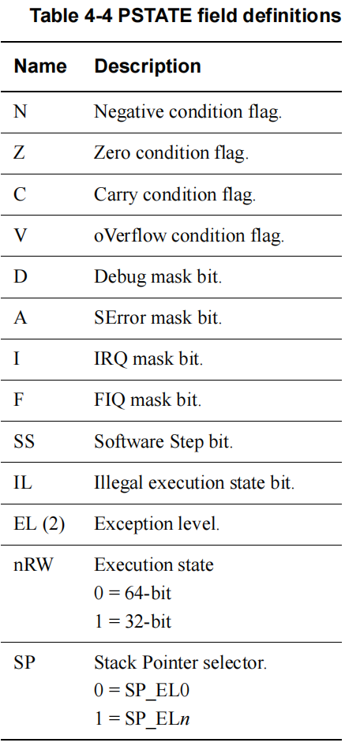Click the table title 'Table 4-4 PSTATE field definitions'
(186, 16)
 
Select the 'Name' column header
(40, 66)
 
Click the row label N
(20, 112)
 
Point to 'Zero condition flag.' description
(171, 153)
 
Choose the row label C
(20, 195)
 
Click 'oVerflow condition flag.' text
(189, 236)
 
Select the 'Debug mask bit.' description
(158, 277)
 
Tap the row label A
(20, 317)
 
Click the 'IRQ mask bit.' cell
(148, 358)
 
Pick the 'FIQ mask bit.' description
(148, 400)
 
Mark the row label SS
(24, 441)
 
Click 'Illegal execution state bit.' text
(194, 482)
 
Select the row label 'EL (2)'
(39, 524)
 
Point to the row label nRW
(33, 565)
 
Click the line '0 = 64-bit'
(133, 593)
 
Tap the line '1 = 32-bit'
(133, 621)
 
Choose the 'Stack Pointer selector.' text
(180, 663)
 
